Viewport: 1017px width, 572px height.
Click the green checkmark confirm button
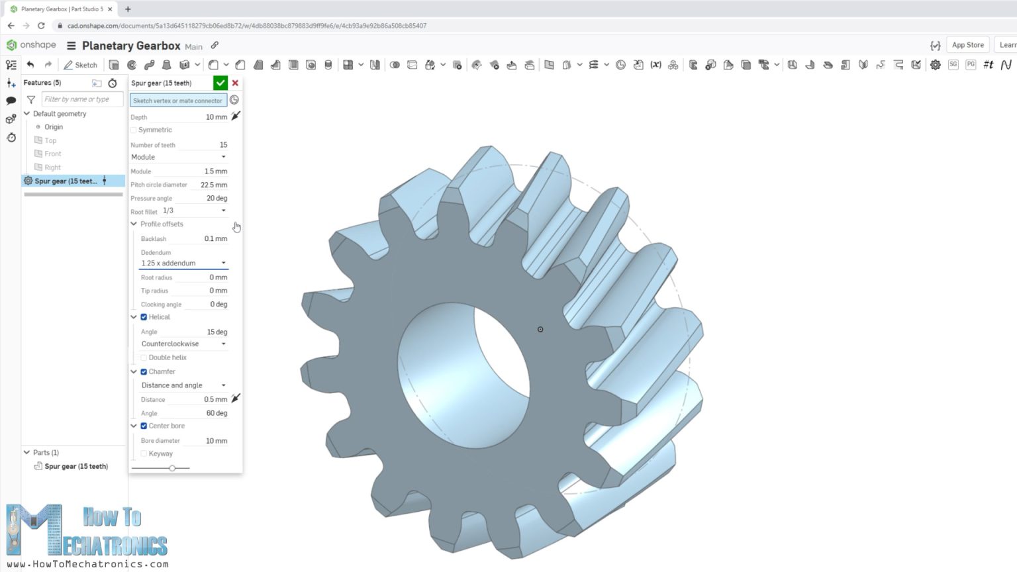click(x=220, y=83)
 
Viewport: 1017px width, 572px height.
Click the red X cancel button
click(x=235, y=83)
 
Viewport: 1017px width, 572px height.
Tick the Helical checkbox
click(x=144, y=317)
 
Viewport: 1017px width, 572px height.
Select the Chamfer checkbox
click(x=144, y=372)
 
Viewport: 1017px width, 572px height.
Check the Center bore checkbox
click(x=144, y=426)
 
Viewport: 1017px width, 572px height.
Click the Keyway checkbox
click(x=144, y=454)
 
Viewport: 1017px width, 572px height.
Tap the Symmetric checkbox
click(x=134, y=130)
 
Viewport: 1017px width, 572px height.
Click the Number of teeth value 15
click(x=222, y=145)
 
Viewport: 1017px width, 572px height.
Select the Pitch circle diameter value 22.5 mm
click(x=213, y=185)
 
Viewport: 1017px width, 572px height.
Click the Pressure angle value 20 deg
click(x=216, y=199)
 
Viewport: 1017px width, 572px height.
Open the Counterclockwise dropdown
click(x=183, y=344)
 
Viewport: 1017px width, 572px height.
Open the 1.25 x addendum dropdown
click(x=183, y=263)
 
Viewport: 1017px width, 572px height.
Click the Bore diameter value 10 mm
click(x=216, y=441)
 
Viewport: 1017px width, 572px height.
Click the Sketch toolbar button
click(x=80, y=65)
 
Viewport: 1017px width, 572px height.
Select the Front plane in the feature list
click(x=52, y=154)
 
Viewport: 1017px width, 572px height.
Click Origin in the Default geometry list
click(x=54, y=127)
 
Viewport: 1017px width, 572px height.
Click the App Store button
click(x=967, y=45)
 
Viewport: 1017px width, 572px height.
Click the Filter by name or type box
click(x=82, y=99)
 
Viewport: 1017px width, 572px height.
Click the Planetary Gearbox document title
click(x=131, y=46)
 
